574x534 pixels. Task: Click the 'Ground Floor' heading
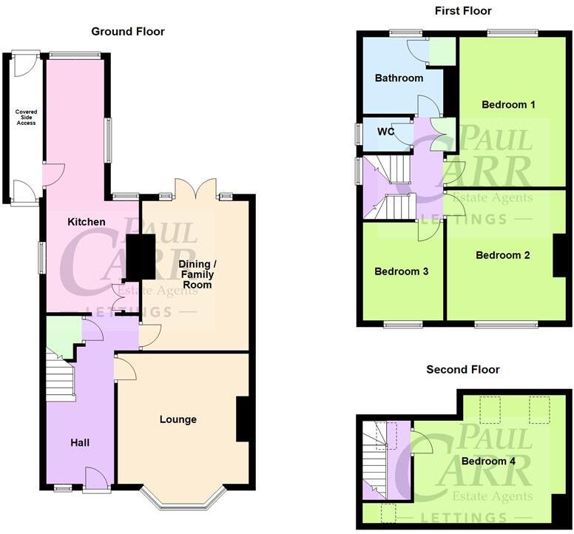coord(127,31)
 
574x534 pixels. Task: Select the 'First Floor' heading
coord(464,10)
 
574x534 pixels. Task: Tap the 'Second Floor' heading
coord(462,369)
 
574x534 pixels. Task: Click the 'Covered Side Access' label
coord(26,117)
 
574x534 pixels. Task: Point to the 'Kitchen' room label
coord(87,222)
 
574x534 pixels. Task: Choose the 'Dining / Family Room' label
coord(196,274)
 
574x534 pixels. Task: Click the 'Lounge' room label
coord(178,419)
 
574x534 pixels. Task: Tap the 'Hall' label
coord(80,442)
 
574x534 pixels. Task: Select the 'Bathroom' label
coord(399,78)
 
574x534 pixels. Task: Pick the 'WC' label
coord(386,132)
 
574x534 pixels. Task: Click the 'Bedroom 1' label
coord(508,104)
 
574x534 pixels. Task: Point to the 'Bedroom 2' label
coord(502,255)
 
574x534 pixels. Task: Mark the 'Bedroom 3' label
coord(401,271)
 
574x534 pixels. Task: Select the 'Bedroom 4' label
coord(488,462)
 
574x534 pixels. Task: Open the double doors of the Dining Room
coord(196,189)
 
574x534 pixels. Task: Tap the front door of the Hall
coord(97,481)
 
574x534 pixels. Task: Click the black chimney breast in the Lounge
coord(243,419)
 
